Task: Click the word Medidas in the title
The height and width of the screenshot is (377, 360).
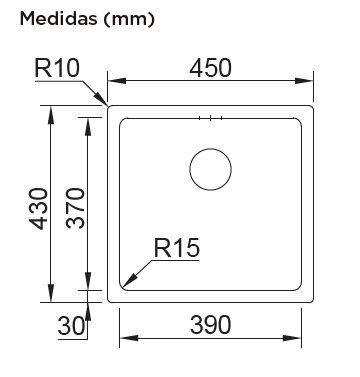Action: pos(58,19)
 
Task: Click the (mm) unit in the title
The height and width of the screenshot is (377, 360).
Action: pos(129,19)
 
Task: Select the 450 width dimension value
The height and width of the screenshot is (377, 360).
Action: pos(210,68)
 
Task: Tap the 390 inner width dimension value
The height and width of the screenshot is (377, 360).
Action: pos(210,325)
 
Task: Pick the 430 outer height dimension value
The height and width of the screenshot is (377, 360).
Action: pos(38,209)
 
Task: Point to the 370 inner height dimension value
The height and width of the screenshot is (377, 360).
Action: pos(75,208)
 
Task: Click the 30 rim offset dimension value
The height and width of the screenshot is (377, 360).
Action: pos(71,326)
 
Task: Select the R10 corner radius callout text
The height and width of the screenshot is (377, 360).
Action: pos(57,68)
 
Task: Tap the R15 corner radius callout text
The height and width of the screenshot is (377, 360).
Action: pos(177,248)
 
